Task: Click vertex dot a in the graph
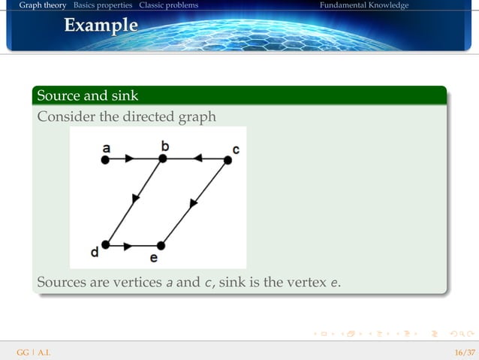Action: [x=106, y=159]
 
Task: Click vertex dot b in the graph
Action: [x=162, y=159]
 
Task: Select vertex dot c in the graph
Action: [x=227, y=159]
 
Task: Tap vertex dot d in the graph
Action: [x=106, y=244]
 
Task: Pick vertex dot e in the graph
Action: [x=161, y=245]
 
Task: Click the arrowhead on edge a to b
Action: [x=130, y=159]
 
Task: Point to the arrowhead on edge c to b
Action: [x=197, y=159]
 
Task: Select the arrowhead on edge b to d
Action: [x=136, y=198]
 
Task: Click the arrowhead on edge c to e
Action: [x=194, y=202]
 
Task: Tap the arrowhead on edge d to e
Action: [x=130, y=245]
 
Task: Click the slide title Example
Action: [x=101, y=26]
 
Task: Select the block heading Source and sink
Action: [x=87, y=95]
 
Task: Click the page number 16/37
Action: [x=464, y=352]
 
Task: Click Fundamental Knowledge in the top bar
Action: [x=363, y=5]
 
